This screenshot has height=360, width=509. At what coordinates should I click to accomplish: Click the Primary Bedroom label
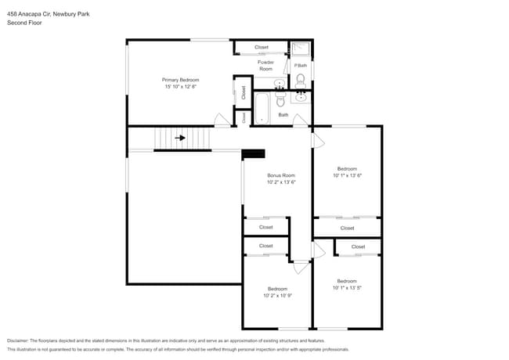tap(181, 80)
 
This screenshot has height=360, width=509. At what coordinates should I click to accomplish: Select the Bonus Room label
tap(280, 175)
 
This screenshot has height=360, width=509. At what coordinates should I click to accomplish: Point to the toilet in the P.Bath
tap(300, 78)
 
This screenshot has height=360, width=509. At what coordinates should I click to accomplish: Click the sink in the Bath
tap(300, 97)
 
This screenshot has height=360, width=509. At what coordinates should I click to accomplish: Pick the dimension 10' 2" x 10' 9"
tap(277, 296)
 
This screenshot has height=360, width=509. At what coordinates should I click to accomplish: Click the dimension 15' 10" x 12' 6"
tap(181, 87)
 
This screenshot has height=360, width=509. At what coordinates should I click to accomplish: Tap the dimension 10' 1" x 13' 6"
tap(347, 175)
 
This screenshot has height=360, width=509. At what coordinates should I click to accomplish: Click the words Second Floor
tap(24, 23)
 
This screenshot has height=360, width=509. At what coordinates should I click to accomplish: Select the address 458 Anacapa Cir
tap(31, 13)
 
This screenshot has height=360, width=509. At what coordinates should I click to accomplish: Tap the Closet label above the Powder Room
tap(261, 48)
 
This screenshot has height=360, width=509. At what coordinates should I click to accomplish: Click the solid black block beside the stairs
tap(254, 154)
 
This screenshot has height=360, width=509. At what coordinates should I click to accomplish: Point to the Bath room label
tap(283, 116)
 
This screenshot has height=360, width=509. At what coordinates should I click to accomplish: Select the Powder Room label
tap(265, 65)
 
